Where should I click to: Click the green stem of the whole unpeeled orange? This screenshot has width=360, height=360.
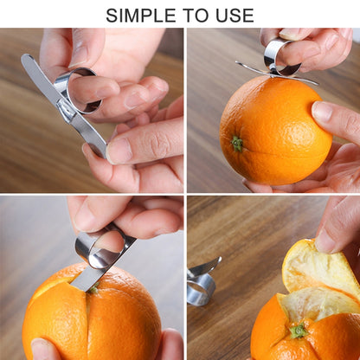[x=237, y=143]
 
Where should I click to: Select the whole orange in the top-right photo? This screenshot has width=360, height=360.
[x=268, y=130]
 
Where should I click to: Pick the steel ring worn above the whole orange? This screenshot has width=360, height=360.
[x=279, y=54]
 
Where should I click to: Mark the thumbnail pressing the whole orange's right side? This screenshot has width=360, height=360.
[x=323, y=112]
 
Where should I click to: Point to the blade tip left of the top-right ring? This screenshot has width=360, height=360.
[x=241, y=65]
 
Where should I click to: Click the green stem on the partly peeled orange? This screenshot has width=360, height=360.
[x=299, y=331]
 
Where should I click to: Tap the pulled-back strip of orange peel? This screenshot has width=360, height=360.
[x=316, y=268]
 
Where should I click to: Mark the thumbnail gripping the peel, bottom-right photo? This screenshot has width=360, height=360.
[x=326, y=240]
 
